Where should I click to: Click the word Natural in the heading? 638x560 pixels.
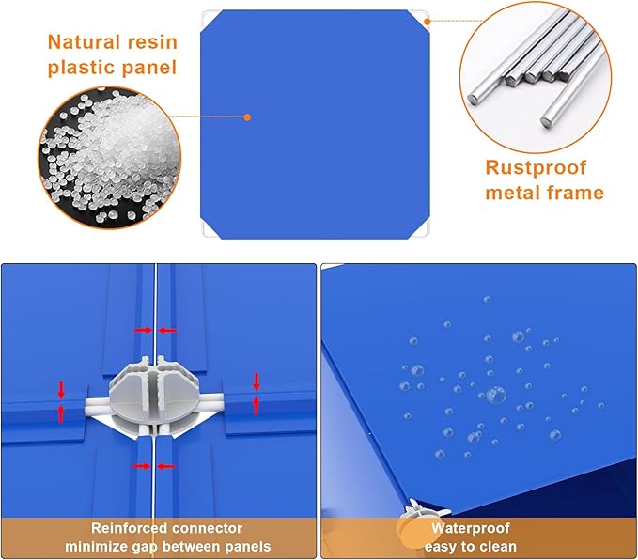84,42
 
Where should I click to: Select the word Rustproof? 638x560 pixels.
536,168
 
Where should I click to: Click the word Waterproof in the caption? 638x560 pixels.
471,528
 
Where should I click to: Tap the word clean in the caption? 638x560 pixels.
498,547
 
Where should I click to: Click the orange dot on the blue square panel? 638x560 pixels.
247,117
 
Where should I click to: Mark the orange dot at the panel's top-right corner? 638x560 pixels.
427,22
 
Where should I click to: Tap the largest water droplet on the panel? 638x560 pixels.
496,395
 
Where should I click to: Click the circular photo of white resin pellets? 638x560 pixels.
110,158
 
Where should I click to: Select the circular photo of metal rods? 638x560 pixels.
536,77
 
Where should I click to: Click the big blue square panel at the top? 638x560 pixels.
316,124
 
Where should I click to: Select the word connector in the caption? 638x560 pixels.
207,528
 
